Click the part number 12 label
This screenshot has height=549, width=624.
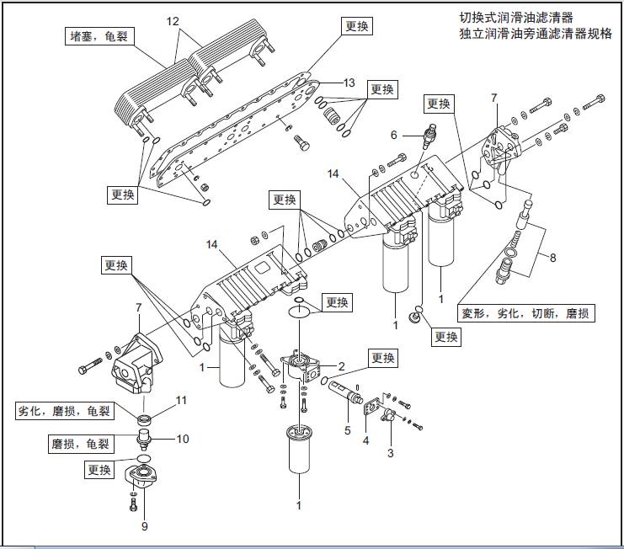[x=173, y=20]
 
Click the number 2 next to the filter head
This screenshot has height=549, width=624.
[x=342, y=365]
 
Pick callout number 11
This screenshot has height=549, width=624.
[x=180, y=400]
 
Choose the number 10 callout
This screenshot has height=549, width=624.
[x=183, y=439]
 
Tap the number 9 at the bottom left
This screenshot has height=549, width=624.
[x=145, y=526]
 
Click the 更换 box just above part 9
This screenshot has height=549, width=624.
[x=99, y=470]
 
